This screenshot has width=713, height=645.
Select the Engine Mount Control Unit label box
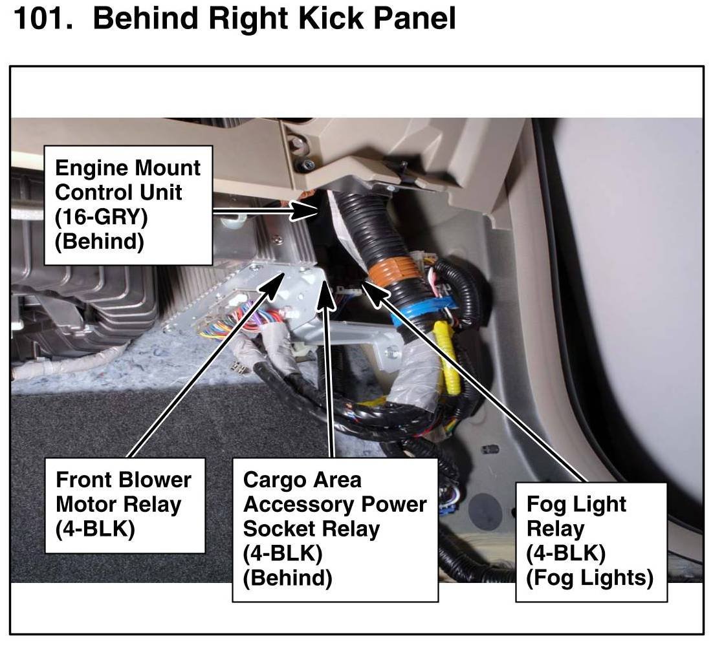coord(128,205)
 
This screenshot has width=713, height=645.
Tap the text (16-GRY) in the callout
coord(101,217)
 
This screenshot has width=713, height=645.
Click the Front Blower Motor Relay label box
coord(125,505)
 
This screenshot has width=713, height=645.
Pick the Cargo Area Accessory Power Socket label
coord(335,529)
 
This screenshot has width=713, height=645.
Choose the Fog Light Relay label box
coord(591,542)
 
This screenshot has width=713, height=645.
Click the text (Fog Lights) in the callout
coord(590,578)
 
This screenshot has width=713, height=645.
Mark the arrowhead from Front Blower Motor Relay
coord(273,284)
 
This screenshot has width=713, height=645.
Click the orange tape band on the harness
coord(391,273)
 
